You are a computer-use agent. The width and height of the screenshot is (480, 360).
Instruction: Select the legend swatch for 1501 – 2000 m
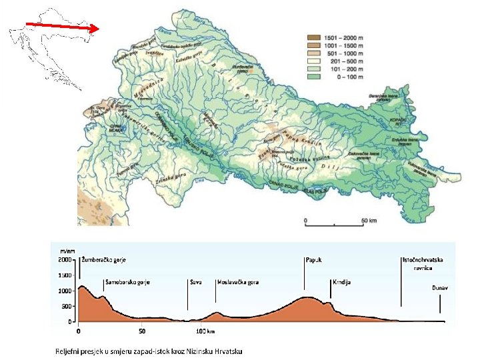(x=313, y=37)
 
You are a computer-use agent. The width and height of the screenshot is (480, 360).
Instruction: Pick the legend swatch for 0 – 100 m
(x=313, y=77)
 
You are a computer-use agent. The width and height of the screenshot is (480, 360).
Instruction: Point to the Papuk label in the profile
(x=314, y=259)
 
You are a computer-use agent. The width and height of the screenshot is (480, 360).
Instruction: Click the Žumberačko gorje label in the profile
(x=103, y=259)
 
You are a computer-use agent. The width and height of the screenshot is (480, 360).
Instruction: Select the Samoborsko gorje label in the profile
(x=127, y=282)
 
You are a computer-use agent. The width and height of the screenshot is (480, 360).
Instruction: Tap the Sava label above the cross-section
(x=195, y=282)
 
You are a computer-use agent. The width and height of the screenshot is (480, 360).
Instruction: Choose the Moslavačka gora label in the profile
(x=238, y=282)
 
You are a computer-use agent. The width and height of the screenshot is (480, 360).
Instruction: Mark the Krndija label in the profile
(x=341, y=282)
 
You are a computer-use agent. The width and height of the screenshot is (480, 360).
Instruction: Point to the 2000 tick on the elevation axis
(x=65, y=259)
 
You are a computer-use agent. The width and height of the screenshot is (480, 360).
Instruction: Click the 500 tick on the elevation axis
(x=67, y=306)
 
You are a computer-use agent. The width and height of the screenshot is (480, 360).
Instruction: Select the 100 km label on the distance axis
(x=205, y=331)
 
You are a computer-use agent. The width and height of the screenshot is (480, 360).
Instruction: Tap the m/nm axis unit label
(x=67, y=250)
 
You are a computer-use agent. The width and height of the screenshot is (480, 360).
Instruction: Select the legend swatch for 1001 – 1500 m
(x=313, y=45)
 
